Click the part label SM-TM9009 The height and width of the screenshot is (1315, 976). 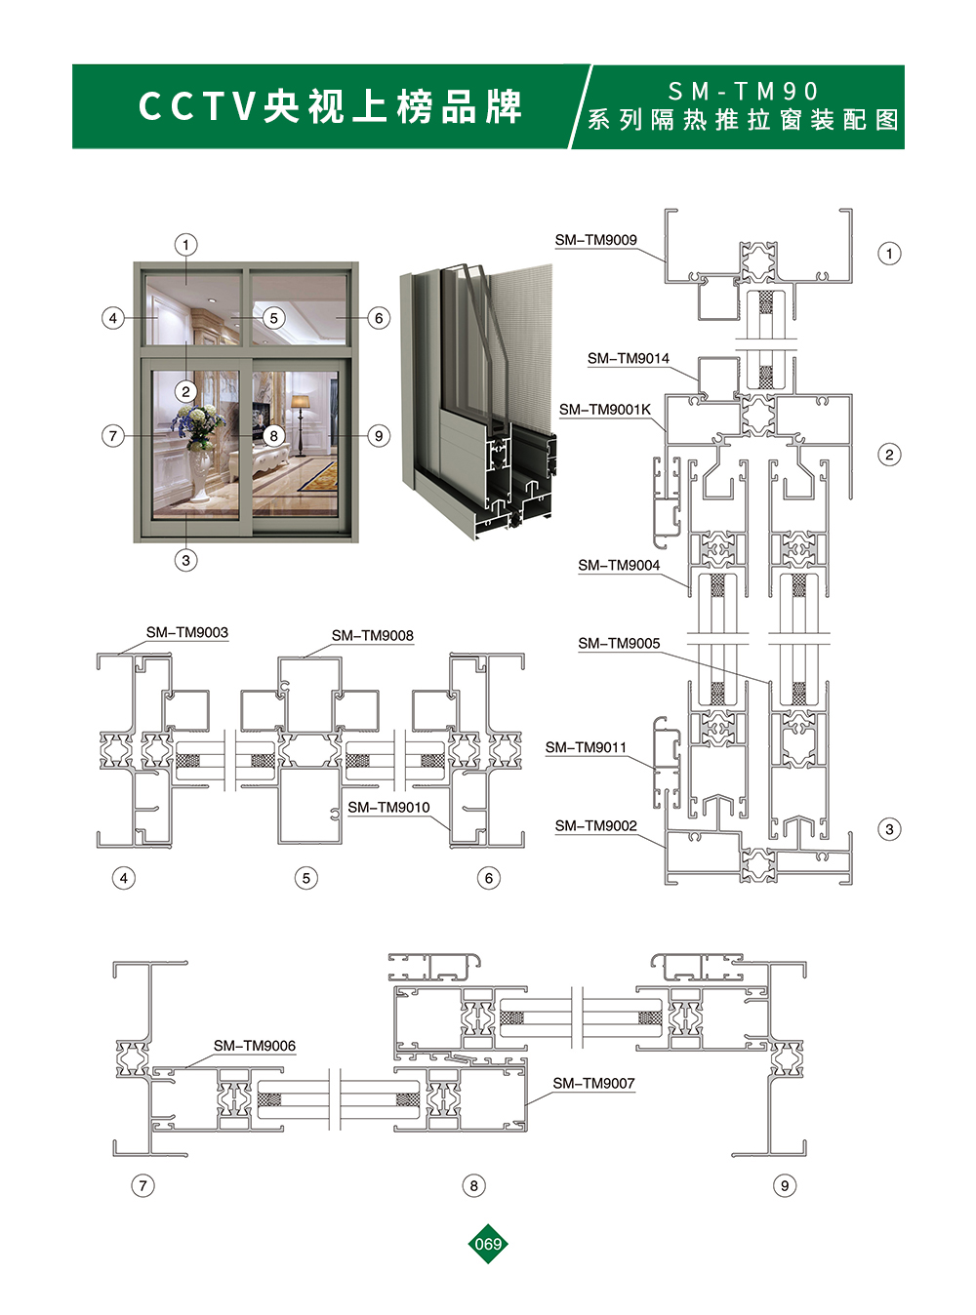pos(595,240)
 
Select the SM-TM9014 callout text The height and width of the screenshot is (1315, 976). pos(629,359)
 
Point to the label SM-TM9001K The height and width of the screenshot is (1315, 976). pos(605,410)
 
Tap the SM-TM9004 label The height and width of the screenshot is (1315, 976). pos(619,566)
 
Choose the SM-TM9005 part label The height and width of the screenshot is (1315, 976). pos(619,643)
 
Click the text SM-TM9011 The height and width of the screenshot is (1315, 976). pos(586,747)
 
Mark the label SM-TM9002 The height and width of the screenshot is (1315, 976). pos(595,826)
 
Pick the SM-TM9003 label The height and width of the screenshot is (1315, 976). pos(186,632)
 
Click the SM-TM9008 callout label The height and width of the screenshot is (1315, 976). pos(373,636)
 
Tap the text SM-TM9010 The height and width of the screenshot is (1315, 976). pos(388,807)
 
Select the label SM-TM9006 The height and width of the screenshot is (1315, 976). pos(255,1046)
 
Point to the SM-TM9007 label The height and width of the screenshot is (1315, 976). pos(594,1083)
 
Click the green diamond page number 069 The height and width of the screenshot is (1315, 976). pos(488,1243)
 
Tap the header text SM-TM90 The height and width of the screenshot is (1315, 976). pos(743,92)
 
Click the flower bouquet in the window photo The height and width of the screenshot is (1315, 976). pos(198,423)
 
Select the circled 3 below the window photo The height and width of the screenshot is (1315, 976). pos(185,560)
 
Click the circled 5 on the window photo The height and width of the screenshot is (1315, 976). pos(273,318)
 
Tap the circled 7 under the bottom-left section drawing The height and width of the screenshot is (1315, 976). pos(142,1186)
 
